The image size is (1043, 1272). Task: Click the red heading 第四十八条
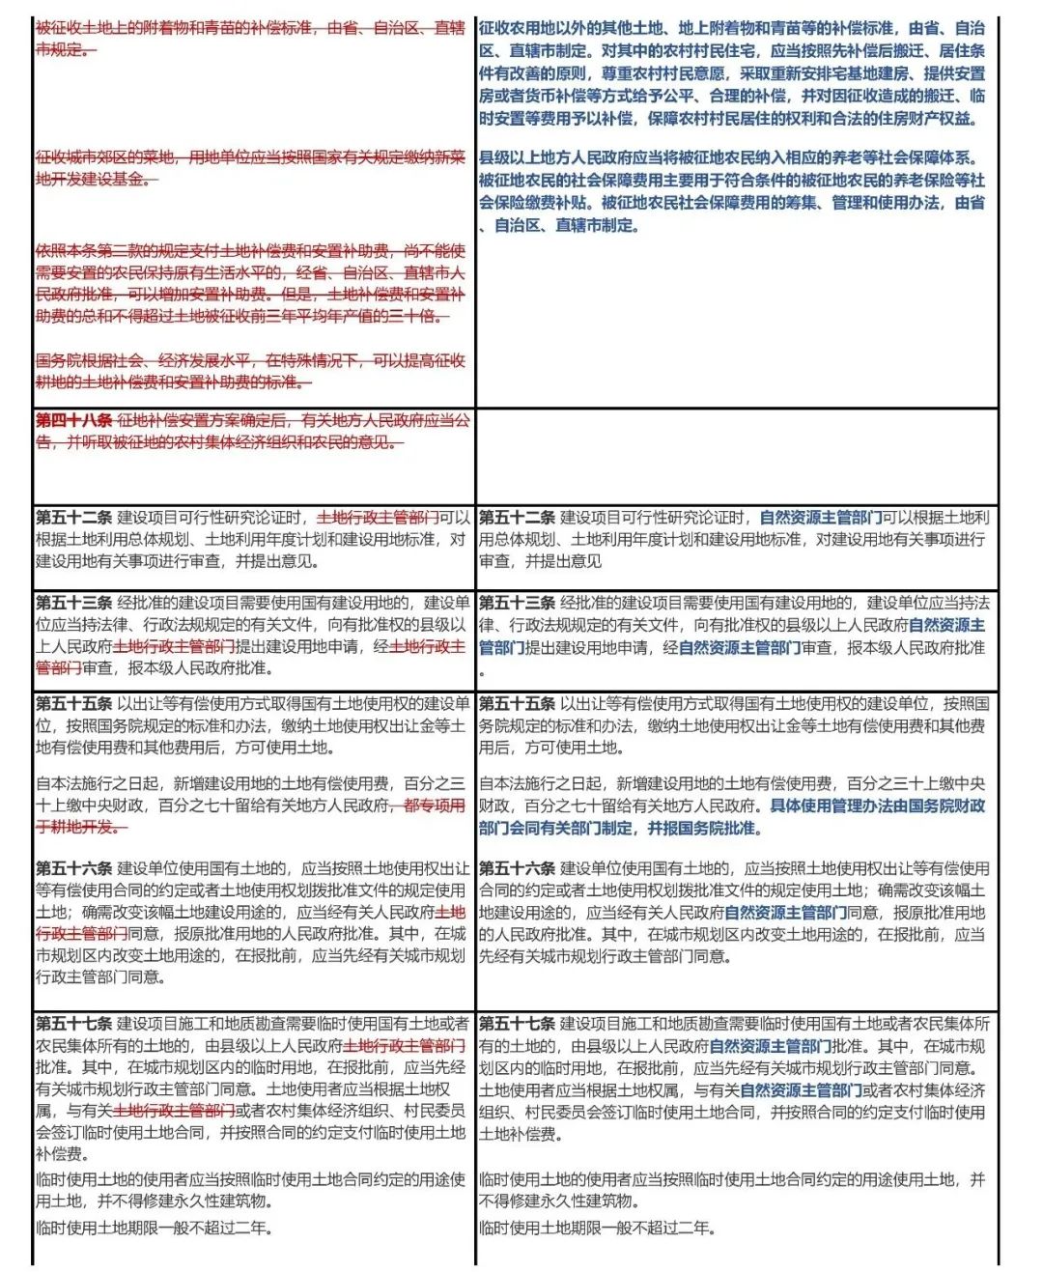click(74, 420)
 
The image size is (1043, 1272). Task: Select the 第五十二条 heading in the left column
click(74, 518)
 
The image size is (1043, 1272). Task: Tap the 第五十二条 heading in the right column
click(517, 518)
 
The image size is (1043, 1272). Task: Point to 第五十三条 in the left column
click(74, 603)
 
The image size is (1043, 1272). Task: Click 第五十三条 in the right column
click(517, 603)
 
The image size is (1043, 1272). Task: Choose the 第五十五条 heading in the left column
click(74, 703)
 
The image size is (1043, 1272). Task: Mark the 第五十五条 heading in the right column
click(517, 703)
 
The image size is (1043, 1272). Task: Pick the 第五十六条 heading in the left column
click(74, 868)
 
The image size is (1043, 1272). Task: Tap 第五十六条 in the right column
click(517, 868)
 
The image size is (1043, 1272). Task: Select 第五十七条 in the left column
click(74, 1023)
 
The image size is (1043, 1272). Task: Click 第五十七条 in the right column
click(517, 1023)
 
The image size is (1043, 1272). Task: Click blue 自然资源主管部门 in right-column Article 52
click(821, 518)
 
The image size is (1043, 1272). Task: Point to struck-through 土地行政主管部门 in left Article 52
click(378, 518)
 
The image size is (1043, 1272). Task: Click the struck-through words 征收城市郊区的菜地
click(105, 156)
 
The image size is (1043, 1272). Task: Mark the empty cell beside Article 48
click(737, 454)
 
